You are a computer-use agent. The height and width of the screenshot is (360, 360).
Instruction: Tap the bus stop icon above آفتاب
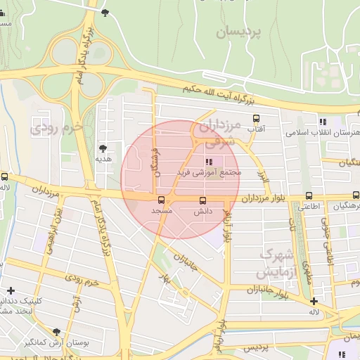pos(257,119)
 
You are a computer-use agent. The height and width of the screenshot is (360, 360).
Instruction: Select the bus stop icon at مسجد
pos(162,200)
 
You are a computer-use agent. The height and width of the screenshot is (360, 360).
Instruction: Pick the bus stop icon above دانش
pos(202,200)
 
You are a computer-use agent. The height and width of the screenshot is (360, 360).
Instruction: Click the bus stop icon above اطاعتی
pos(309,197)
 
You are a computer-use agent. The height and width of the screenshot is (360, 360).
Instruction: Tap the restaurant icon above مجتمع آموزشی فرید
pos(207,162)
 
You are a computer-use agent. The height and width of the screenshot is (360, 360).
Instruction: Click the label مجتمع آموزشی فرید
pos(217,172)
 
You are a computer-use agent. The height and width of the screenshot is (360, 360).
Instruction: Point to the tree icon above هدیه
pos(103,148)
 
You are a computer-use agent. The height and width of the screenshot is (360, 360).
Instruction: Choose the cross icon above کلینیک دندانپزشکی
pos(11,290)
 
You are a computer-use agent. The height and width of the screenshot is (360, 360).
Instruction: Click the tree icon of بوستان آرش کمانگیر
pos(56,332)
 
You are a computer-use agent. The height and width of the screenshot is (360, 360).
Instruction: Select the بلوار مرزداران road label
pos(266,199)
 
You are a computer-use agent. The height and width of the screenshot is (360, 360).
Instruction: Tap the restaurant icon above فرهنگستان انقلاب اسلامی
pos(323,121)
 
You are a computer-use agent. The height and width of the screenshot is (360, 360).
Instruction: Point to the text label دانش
pos(202,211)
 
